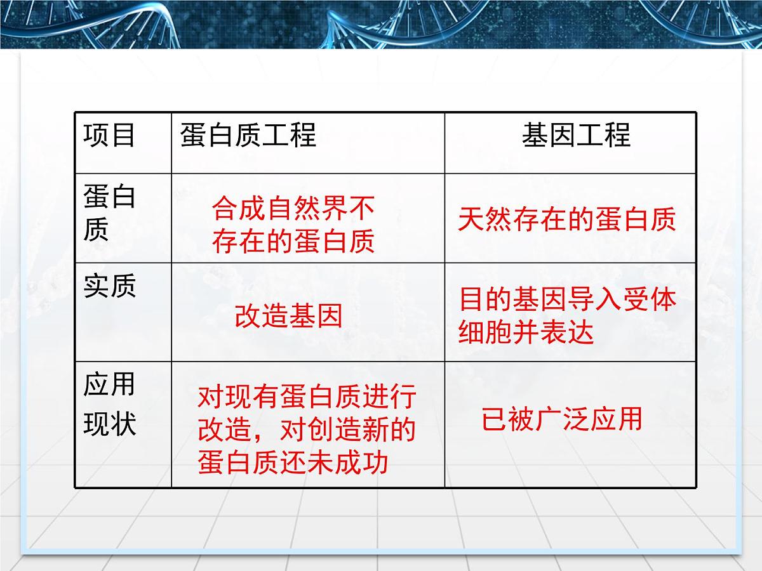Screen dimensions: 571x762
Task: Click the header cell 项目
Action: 109,136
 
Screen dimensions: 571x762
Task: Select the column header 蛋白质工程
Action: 248,136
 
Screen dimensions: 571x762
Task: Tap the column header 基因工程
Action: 576,136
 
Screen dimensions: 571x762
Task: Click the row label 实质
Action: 109,287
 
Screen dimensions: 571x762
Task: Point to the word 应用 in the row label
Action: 109,385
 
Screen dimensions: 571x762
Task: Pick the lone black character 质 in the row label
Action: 96,230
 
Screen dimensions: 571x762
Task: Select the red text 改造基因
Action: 288,315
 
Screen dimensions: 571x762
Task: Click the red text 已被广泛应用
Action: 562,419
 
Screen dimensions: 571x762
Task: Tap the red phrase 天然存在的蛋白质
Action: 566,220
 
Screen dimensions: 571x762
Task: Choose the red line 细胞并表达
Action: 526,332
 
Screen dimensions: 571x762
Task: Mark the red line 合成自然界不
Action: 293,207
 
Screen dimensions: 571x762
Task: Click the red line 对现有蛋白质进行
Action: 307,398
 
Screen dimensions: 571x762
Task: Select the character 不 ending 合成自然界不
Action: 362,207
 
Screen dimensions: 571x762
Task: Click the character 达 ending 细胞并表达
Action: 580,332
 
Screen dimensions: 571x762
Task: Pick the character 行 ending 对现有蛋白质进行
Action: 403,398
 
